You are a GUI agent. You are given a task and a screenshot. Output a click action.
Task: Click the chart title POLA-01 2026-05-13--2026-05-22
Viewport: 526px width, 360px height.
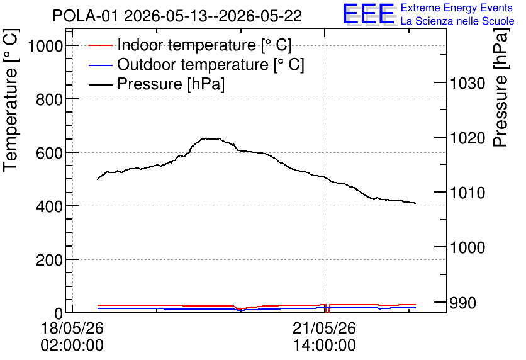coord(177,16)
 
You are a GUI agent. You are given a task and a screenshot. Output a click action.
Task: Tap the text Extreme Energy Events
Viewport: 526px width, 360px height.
coord(457,8)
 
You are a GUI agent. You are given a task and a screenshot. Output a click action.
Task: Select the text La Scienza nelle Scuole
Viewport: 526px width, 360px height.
coord(457,21)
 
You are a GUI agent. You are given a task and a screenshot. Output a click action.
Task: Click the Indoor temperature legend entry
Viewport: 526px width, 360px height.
coord(190,45)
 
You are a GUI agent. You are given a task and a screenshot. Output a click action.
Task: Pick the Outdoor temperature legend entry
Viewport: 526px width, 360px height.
coord(196,64)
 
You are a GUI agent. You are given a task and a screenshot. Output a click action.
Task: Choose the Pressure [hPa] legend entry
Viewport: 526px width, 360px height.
coord(156,84)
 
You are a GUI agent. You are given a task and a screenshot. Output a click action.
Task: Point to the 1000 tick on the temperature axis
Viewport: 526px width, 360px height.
coord(45,45)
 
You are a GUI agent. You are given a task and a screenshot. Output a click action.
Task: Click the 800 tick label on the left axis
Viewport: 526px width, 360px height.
coord(50,99)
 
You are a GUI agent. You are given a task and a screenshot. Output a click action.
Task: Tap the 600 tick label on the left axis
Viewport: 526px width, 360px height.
coord(50,153)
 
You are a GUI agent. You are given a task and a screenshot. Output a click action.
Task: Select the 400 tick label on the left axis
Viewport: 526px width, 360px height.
coord(50,206)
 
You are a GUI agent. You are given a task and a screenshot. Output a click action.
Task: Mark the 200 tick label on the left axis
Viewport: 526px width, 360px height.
coord(50,260)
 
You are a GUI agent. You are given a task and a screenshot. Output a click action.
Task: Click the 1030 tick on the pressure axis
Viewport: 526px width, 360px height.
coord(467,83)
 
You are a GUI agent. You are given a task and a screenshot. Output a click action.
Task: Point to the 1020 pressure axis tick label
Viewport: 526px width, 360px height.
coord(467,138)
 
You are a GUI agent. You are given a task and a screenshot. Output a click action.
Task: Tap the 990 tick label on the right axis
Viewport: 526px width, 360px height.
coord(462,303)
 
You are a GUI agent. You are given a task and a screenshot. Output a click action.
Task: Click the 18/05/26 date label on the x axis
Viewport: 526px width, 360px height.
coord(72,328)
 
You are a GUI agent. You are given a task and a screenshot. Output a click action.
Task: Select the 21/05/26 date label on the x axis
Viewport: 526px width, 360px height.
coord(325,328)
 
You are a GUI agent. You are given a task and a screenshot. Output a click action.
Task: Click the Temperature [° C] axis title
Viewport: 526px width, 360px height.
coord(11,100)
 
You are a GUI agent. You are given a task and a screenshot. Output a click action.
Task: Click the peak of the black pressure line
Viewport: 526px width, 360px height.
coord(211,138)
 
